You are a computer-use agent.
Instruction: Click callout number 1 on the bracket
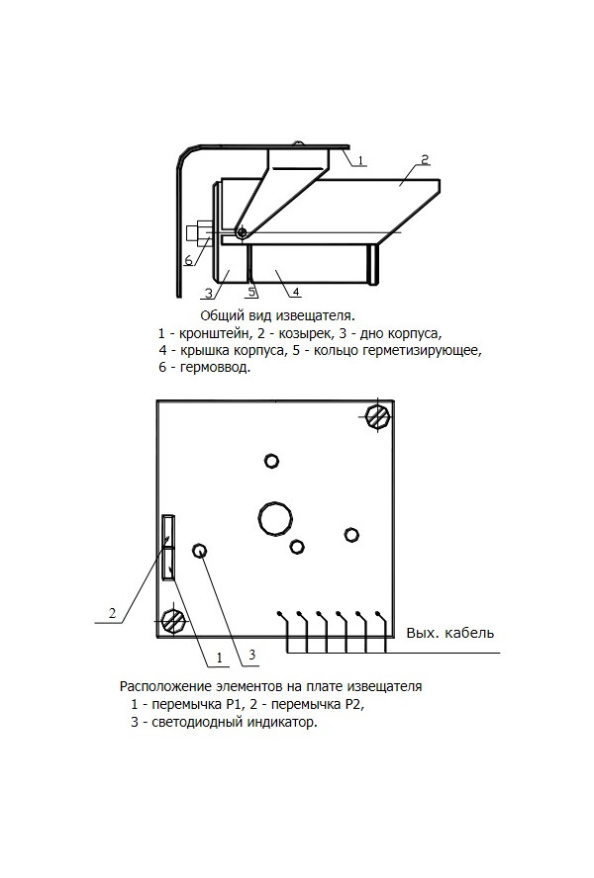pos(360,161)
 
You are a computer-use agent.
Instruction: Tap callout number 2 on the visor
pos(425,159)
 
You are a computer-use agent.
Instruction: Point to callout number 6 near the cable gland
pos(188,260)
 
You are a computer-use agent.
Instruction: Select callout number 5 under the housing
pos(252,292)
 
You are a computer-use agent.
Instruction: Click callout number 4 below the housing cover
pos(297,291)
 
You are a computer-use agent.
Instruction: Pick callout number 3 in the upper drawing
pos(208,293)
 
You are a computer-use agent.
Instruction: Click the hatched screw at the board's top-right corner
pos(377,416)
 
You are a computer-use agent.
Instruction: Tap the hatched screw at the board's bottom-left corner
pos(173,621)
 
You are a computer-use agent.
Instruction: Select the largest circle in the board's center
pos(275,517)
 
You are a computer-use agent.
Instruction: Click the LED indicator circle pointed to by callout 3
pos(199,551)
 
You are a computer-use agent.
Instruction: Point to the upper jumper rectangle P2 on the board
pos(168,530)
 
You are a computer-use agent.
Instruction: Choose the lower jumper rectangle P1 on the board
pos(168,563)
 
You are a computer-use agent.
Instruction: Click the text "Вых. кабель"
pos(449,634)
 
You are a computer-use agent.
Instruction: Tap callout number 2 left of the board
pos(112,614)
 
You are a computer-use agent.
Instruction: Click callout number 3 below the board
pos(251,655)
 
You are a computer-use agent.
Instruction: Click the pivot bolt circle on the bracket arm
pos(242,231)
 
